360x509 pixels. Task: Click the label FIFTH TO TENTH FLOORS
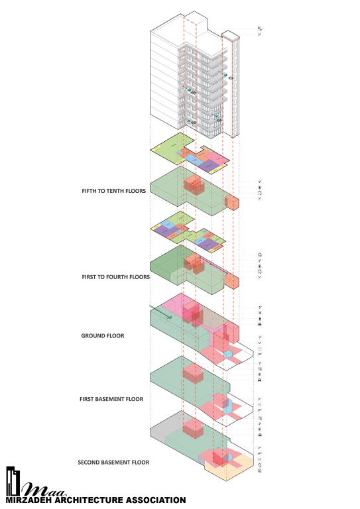pos(113,191)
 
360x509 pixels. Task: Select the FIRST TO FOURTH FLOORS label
pos(115,277)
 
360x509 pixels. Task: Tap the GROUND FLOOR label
pos(103,335)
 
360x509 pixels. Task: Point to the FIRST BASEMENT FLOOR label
pos(111,399)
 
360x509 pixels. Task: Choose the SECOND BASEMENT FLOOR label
pos(113,462)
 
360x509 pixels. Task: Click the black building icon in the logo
pos(13,481)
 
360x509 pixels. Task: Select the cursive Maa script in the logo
pos(44,490)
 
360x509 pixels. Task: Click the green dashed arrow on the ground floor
pos(160,312)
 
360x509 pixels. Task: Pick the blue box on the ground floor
pos(228,354)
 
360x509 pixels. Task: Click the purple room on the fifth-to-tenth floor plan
pos(209,166)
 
